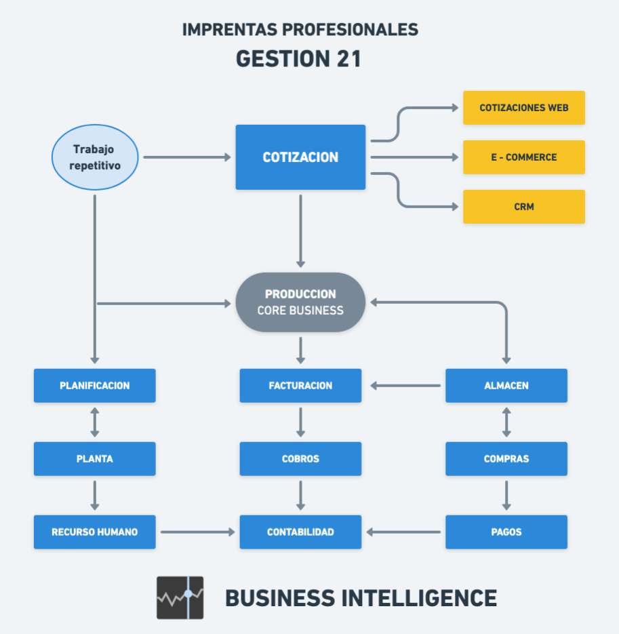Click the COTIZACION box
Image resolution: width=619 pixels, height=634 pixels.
(300, 157)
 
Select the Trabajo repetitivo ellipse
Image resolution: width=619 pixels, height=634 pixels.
(95, 157)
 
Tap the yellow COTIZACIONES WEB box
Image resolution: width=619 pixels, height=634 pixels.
(523, 108)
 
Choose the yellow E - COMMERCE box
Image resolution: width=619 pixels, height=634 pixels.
(523, 157)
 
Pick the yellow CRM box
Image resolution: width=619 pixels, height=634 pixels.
(523, 207)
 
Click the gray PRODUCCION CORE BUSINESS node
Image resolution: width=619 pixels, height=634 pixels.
(300, 302)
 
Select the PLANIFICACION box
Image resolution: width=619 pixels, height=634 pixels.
(95, 386)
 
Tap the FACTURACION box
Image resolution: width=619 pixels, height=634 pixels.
(300, 386)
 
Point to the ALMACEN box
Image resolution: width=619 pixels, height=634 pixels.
(506, 386)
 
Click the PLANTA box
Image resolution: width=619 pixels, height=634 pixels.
(95, 459)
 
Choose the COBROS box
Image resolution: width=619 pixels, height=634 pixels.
(300, 459)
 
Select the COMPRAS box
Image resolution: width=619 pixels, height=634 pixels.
(506, 459)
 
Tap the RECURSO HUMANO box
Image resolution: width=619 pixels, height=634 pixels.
(95, 532)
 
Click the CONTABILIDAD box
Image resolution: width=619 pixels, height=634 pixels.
(300, 532)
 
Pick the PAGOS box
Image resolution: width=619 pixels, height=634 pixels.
(506, 532)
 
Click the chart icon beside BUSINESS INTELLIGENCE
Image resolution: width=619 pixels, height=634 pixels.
(180, 597)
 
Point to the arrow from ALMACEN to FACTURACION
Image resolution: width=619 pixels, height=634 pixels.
(405, 386)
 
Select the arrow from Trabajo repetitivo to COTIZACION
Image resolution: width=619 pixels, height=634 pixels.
(187, 157)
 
